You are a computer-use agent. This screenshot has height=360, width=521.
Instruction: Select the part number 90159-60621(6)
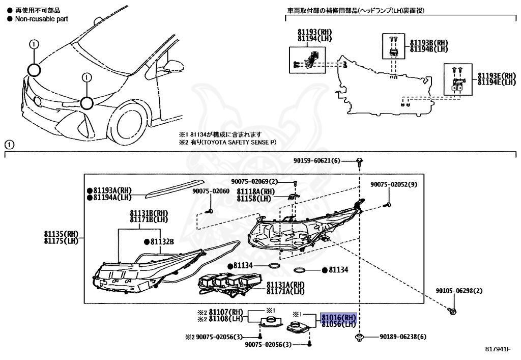click(316, 161)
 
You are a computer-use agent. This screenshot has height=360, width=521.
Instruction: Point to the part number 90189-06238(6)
click(402, 337)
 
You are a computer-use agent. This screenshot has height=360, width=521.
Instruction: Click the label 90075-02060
click(211, 191)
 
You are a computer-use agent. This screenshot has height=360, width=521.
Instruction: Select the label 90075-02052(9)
click(393, 184)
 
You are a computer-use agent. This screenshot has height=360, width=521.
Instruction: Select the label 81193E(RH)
click(497, 76)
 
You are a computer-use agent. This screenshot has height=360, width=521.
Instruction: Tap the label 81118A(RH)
click(255, 191)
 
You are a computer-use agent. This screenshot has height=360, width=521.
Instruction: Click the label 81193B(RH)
click(428, 43)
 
